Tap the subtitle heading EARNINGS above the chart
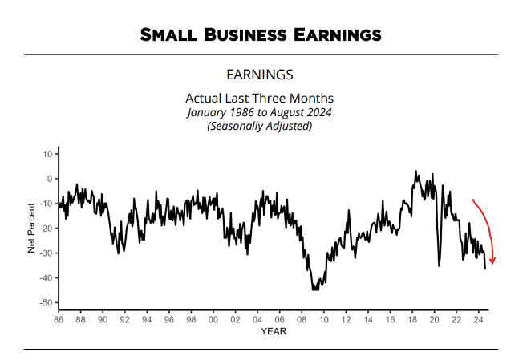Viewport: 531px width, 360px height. (x=260, y=75)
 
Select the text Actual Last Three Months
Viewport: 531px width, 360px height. (x=260, y=99)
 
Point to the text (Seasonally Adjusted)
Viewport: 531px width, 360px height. (x=260, y=126)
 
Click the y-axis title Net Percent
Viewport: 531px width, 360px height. (x=32, y=228)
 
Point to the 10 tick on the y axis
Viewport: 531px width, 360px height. (x=47, y=154)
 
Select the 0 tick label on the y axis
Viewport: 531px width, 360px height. (x=50, y=179)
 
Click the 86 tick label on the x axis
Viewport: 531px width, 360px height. (x=59, y=319)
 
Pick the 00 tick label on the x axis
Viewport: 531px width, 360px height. (x=213, y=319)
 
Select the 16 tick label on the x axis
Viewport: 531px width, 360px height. (x=389, y=319)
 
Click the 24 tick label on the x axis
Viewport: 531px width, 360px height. (x=477, y=319)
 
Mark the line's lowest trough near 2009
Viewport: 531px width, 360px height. (x=314, y=289)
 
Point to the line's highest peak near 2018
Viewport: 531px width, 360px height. (x=415, y=171)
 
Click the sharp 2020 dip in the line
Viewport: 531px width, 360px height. (x=439, y=265)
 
